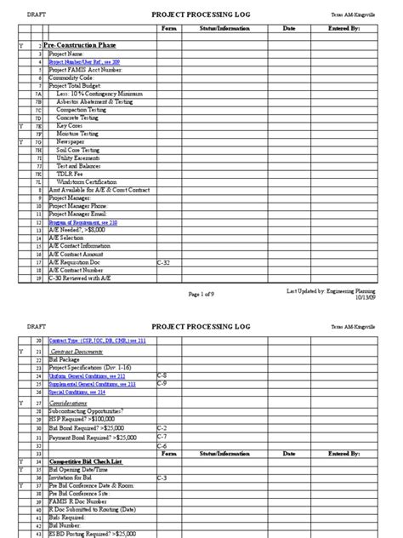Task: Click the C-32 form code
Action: click(x=165, y=264)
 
